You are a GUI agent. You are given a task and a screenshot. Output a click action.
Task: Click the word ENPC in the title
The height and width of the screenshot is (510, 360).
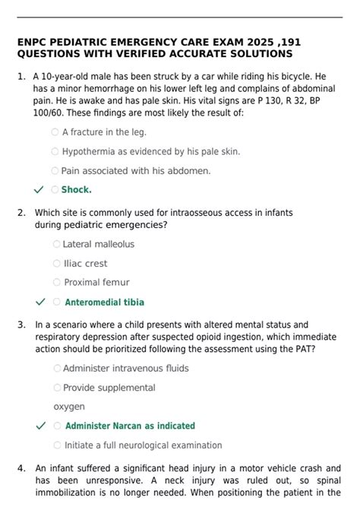coord(32,42)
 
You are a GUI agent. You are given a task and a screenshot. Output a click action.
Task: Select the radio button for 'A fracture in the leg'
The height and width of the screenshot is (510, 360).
coord(55,131)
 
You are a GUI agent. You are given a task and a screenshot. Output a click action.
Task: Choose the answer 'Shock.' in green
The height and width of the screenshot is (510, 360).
coord(76,190)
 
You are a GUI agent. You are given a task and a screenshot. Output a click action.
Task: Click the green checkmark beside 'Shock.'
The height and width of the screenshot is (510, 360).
coord(39,190)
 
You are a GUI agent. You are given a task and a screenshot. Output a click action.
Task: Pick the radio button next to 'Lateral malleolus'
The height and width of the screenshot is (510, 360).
coord(56,244)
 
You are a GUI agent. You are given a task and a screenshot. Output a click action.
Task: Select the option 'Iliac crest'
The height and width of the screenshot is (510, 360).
coord(85,264)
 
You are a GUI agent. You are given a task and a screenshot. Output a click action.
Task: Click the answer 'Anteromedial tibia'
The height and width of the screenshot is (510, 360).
coord(104,303)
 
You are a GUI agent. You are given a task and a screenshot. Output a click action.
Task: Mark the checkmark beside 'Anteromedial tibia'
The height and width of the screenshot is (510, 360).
coord(40,303)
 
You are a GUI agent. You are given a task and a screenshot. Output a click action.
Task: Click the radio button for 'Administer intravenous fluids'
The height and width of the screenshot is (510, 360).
coord(57,369)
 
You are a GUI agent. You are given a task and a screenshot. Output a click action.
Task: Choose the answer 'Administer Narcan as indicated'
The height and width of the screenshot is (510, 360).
coord(130,426)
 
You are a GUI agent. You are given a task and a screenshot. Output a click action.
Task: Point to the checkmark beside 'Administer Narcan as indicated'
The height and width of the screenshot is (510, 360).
coord(40,426)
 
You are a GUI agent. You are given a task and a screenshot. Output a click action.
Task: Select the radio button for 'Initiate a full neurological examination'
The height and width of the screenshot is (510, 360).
coord(57,445)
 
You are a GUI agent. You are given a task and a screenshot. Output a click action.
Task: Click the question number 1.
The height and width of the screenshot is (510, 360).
coord(21,78)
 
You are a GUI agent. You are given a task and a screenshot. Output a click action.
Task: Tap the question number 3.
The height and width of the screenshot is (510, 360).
coord(21,325)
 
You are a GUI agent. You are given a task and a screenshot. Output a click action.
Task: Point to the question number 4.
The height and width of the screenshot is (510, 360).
coord(21,469)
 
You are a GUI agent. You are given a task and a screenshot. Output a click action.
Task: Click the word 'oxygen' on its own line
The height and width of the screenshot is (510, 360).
coord(68,407)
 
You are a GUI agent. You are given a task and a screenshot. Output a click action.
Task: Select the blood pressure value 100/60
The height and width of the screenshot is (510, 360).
coord(49,113)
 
